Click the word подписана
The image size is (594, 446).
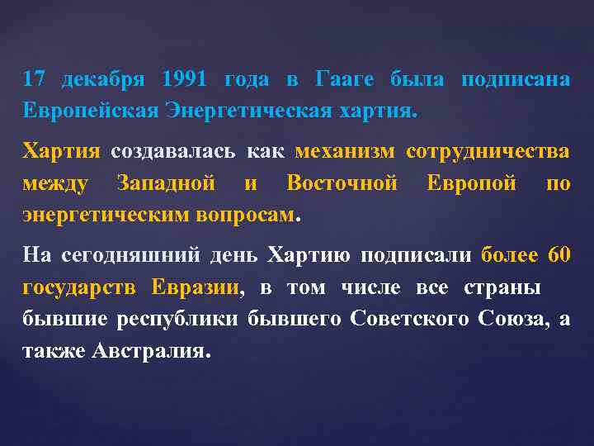click(x=516, y=80)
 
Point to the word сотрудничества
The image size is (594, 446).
click(x=488, y=152)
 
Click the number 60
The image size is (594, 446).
click(x=559, y=255)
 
